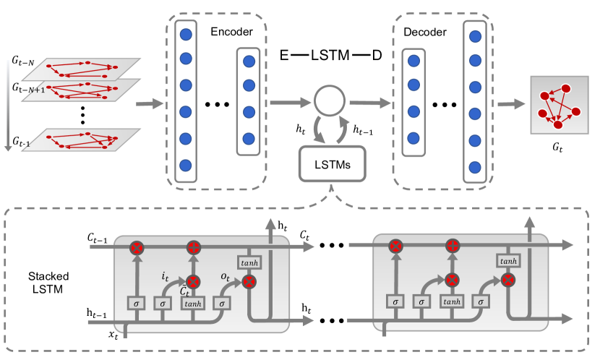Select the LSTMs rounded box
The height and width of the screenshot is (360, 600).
330,165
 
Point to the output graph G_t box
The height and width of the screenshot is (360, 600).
557,104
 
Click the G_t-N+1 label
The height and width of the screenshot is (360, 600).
27,87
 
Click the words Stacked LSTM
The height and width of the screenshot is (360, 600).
43,281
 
